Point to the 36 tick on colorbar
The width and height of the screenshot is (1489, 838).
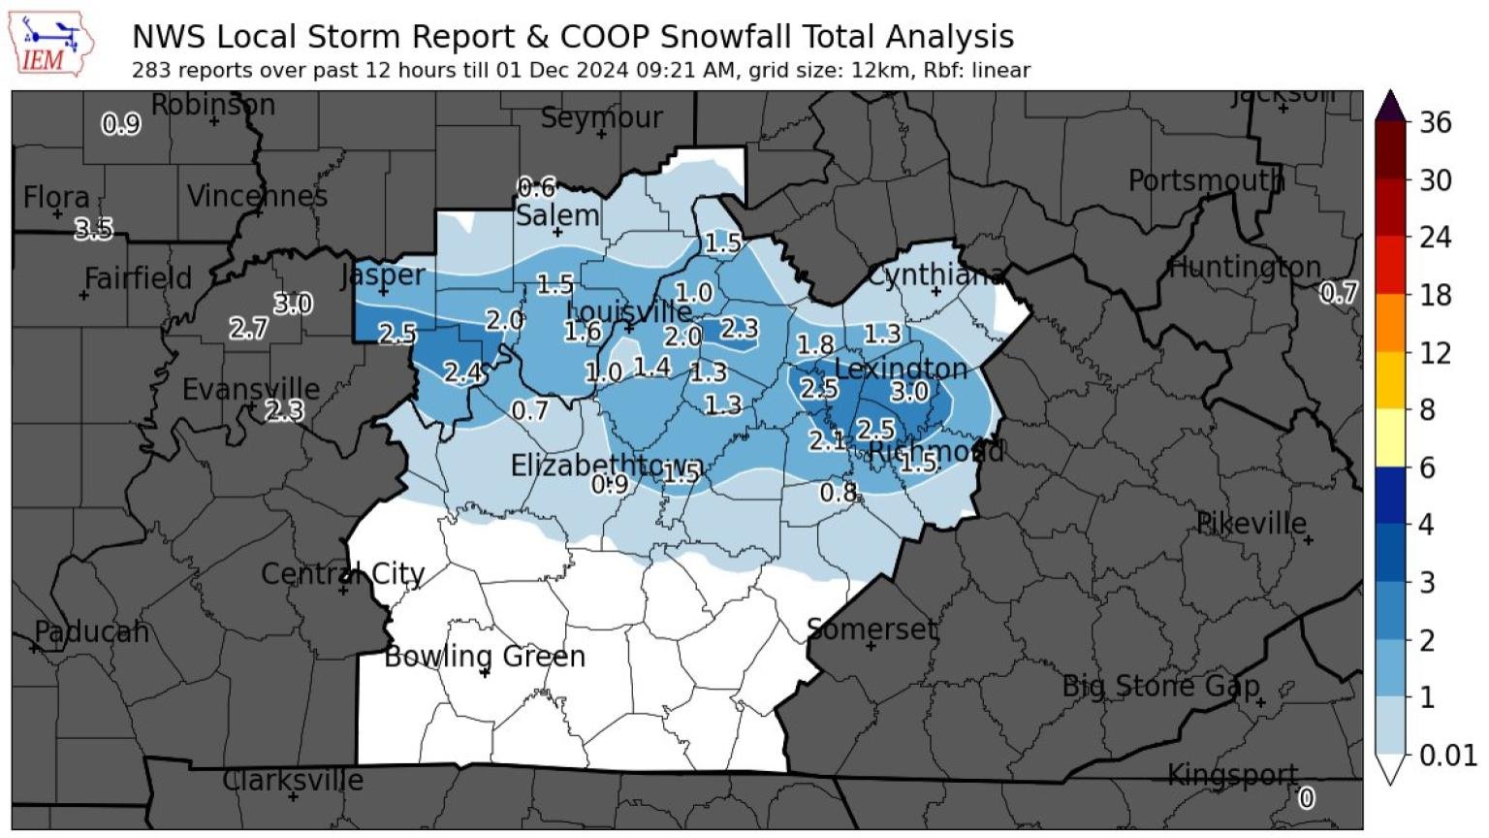[x=1435, y=123]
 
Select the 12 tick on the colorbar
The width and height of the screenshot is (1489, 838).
[x=1435, y=353]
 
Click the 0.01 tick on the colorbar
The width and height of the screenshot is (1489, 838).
[x=1447, y=755]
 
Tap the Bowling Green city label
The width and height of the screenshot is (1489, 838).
[x=485, y=657]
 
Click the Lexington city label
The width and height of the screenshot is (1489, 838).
[x=901, y=369]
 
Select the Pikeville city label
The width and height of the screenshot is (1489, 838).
[x=1251, y=524]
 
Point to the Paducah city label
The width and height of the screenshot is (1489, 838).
[x=91, y=632]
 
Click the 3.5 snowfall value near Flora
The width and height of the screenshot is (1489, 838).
[x=94, y=230]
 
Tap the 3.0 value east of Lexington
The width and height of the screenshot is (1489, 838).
[x=909, y=392]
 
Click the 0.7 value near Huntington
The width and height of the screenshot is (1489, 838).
[x=1339, y=292]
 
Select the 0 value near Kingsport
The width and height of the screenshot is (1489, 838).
[x=1307, y=798]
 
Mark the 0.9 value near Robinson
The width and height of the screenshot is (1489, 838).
[x=121, y=124]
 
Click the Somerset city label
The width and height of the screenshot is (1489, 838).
[x=871, y=629]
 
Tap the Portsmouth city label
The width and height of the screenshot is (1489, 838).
[x=1206, y=180]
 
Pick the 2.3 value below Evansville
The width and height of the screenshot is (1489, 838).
[x=284, y=411]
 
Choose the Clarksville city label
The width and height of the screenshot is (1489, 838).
[x=293, y=780]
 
